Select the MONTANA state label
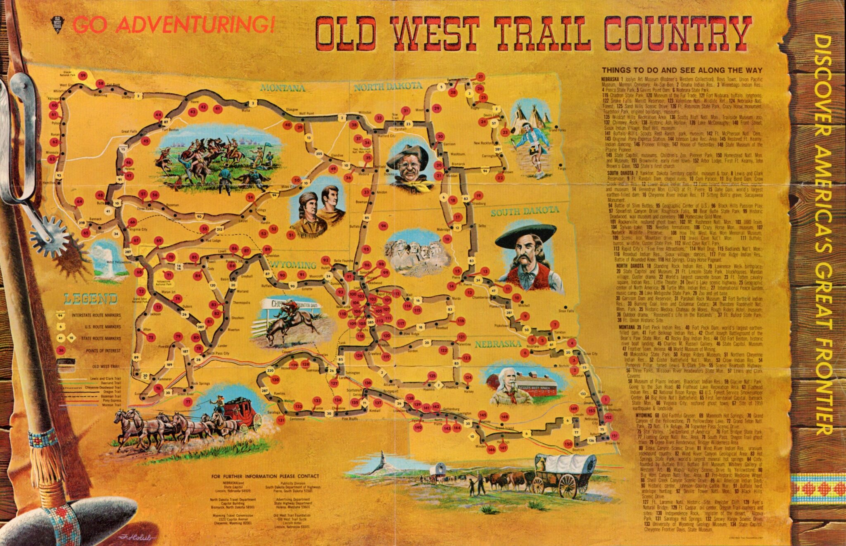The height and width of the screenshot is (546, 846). point(283,88)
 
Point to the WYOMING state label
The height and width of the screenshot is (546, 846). point(293,265)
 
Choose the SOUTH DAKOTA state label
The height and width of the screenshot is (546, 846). point(525,212)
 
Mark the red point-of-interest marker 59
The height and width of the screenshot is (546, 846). point(83,76)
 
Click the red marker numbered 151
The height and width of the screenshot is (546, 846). point(614,436)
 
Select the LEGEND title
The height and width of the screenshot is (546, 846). point(90,298)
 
